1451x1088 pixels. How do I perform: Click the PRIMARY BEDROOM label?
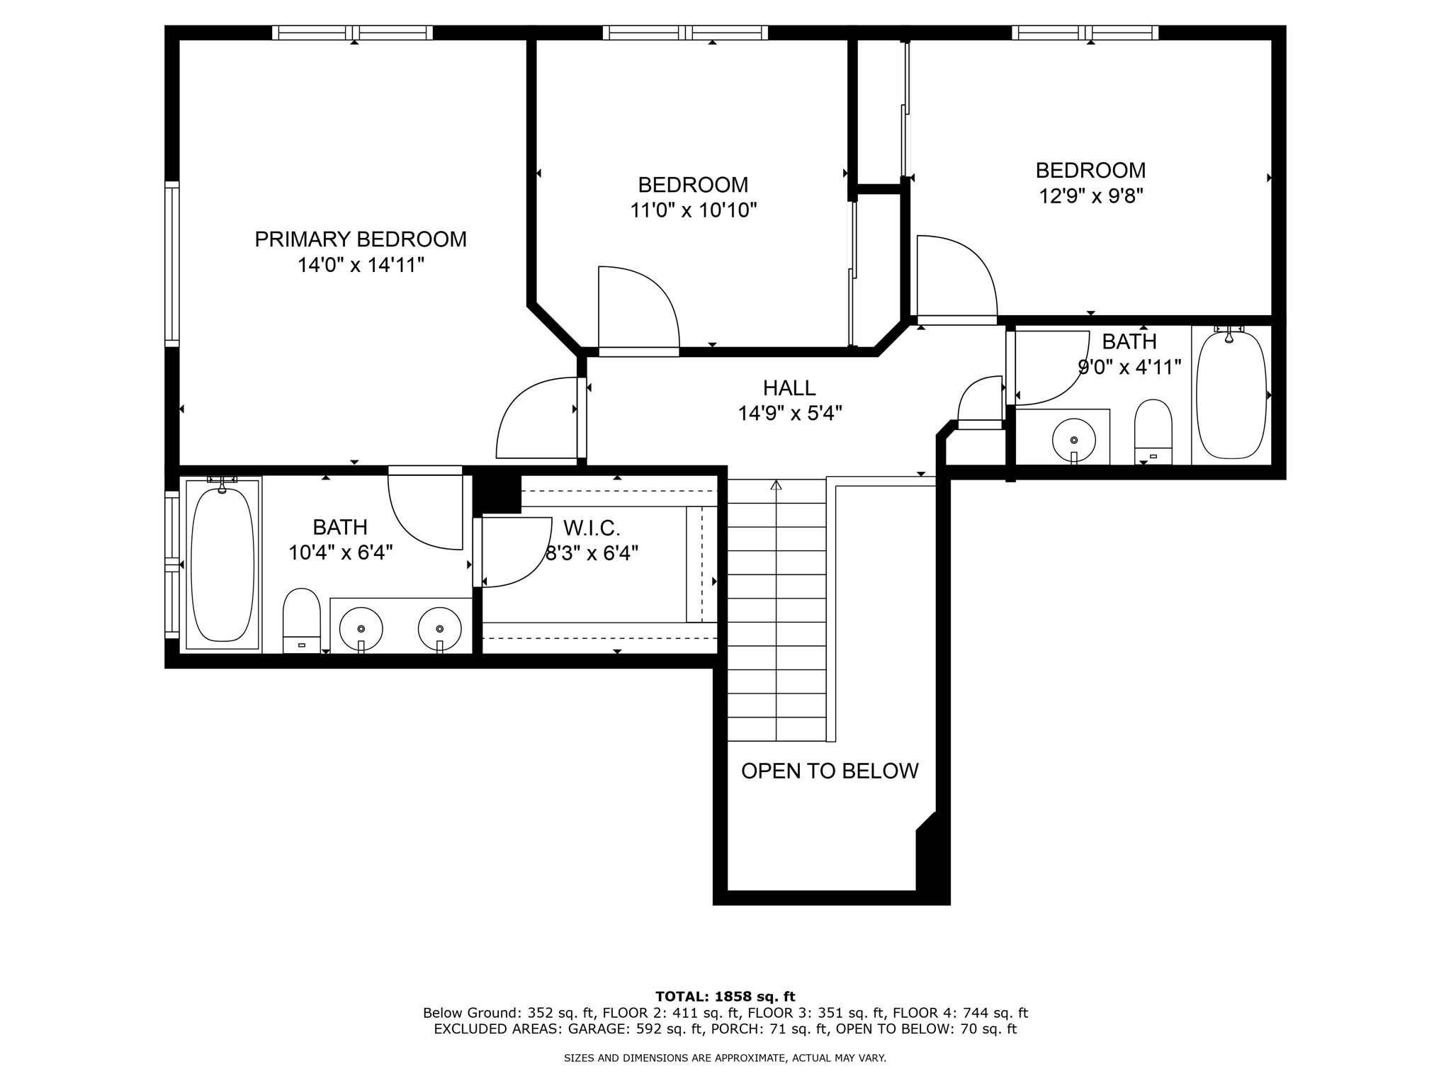[x=361, y=239]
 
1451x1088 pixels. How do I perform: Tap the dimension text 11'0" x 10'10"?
[x=694, y=210]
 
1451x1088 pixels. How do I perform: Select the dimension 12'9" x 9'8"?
[x=1091, y=195]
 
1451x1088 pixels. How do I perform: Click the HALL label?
[x=789, y=388]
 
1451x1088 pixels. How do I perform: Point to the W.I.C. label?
[x=592, y=528]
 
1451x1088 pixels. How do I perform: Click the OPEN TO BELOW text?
[x=830, y=771]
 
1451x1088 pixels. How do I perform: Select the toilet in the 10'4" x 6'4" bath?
[x=301, y=620]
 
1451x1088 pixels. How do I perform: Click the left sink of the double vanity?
[x=361, y=628]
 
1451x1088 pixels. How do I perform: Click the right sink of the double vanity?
[x=439, y=628]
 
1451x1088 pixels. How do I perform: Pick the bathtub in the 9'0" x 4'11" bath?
[x=1231, y=395]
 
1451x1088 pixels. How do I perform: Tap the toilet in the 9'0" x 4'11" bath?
[x=1153, y=432]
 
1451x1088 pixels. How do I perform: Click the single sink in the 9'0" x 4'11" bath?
[x=1074, y=439]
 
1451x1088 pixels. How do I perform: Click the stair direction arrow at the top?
[x=776, y=485]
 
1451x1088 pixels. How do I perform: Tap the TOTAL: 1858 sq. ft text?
[x=725, y=997]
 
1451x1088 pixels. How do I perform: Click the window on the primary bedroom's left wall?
[x=172, y=263]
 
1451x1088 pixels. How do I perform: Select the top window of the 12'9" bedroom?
[x=1085, y=33]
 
